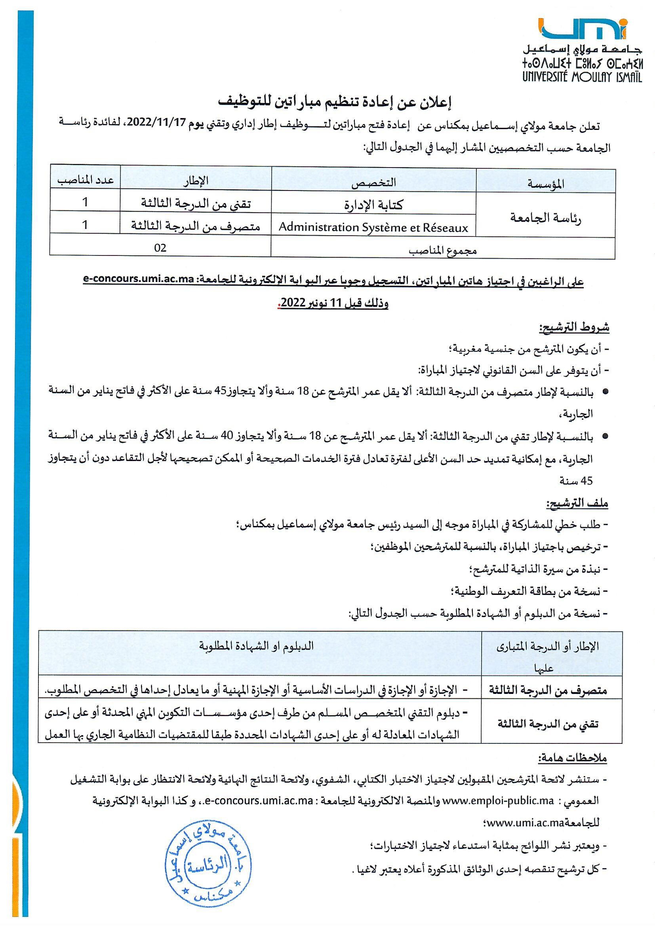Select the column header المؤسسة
tap(546, 183)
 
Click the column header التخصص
tap(373, 182)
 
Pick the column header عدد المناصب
tap(85, 180)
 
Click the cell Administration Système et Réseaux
tap(373, 228)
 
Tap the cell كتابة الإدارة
tap(373, 205)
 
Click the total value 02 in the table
tap(160, 248)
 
